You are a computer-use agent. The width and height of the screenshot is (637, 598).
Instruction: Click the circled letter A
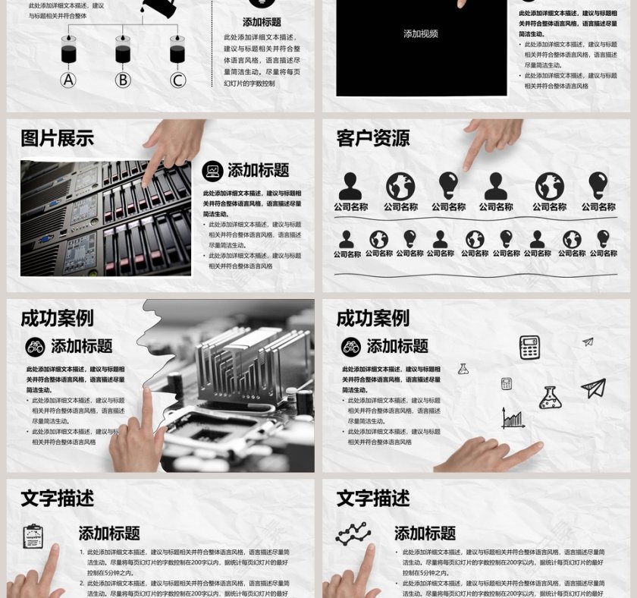pyautogui.click(x=69, y=80)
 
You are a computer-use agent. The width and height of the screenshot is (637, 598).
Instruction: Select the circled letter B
pyautogui.click(x=123, y=80)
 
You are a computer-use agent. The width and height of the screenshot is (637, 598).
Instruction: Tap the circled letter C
pyautogui.click(x=177, y=80)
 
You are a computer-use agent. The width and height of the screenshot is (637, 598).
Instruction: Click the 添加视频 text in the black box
pyautogui.click(x=420, y=33)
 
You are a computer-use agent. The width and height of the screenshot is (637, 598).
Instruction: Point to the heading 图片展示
pyautogui.click(x=57, y=138)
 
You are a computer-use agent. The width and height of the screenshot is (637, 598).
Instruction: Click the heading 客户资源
pyautogui.click(x=372, y=138)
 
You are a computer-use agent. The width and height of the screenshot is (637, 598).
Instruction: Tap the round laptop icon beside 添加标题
pyautogui.click(x=212, y=171)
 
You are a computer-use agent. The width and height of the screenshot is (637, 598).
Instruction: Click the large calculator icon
pyautogui.click(x=529, y=347)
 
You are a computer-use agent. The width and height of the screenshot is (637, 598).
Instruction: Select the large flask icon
pyautogui.click(x=550, y=398)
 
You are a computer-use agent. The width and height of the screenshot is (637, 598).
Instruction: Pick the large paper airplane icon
pyautogui.click(x=593, y=388)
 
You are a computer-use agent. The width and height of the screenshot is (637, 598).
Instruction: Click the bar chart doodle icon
pyautogui.click(x=513, y=418)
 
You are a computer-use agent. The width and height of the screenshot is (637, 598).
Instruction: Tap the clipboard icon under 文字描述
pyautogui.click(x=33, y=536)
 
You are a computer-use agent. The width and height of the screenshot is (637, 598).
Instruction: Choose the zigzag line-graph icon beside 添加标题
pyautogui.click(x=353, y=534)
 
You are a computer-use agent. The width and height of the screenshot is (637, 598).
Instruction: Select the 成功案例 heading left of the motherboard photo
pyautogui.click(x=57, y=318)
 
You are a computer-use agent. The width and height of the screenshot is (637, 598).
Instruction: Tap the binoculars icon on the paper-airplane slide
pyautogui.click(x=350, y=347)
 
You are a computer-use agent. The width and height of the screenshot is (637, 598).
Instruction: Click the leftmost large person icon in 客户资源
pyautogui.click(x=350, y=186)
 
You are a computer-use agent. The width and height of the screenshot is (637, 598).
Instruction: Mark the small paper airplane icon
pyautogui.click(x=588, y=342)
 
